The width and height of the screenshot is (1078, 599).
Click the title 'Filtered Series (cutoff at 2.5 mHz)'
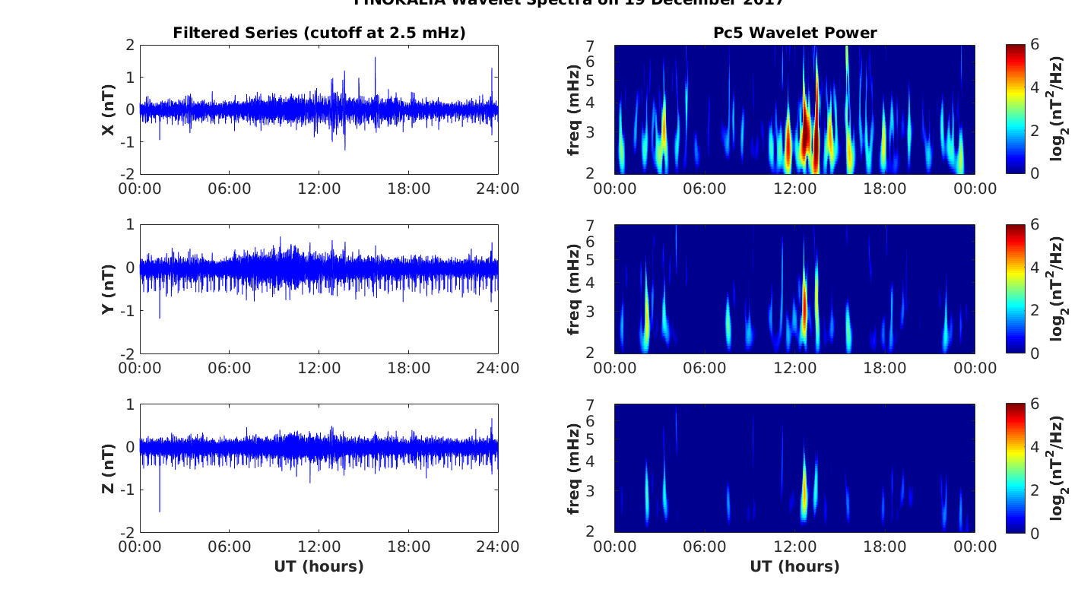pyautogui.click(x=319, y=33)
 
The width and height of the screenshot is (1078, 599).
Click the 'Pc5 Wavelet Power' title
pyautogui.click(x=794, y=33)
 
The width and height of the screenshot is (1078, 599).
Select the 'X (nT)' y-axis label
pyautogui.click(x=109, y=109)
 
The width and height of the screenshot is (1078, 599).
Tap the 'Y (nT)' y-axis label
pyautogui.click(x=109, y=289)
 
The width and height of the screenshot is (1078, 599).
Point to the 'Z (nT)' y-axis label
pyautogui.click(x=109, y=468)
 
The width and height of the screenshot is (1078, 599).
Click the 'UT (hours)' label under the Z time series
pyautogui.click(x=319, y=566)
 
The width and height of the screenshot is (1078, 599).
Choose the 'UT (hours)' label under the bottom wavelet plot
pyautogui.click(x=794, y=566)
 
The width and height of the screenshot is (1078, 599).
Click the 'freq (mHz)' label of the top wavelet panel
pyautogui.click(x=575, y=109)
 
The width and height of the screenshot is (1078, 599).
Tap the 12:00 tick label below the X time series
pyautogui.click(x=319, y=189)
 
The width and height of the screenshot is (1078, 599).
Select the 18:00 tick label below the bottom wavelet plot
pyautogui.click(x=885, y=547)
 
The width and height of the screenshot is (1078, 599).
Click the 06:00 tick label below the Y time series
pyautogui.click(x=230, y=368)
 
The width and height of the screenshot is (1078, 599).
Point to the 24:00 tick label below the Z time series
pyautogui.click(x=498, y=547)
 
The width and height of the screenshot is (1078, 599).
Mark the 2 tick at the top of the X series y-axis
pyautogui.click(x=130, y=45)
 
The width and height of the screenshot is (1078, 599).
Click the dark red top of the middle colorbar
pyautogui.click(x=1016, y=227)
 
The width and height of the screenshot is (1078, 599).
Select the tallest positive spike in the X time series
pyautogui.click(x=375, y=59)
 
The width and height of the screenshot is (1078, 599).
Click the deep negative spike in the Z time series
pyautogui.click(x=160, y=509)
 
